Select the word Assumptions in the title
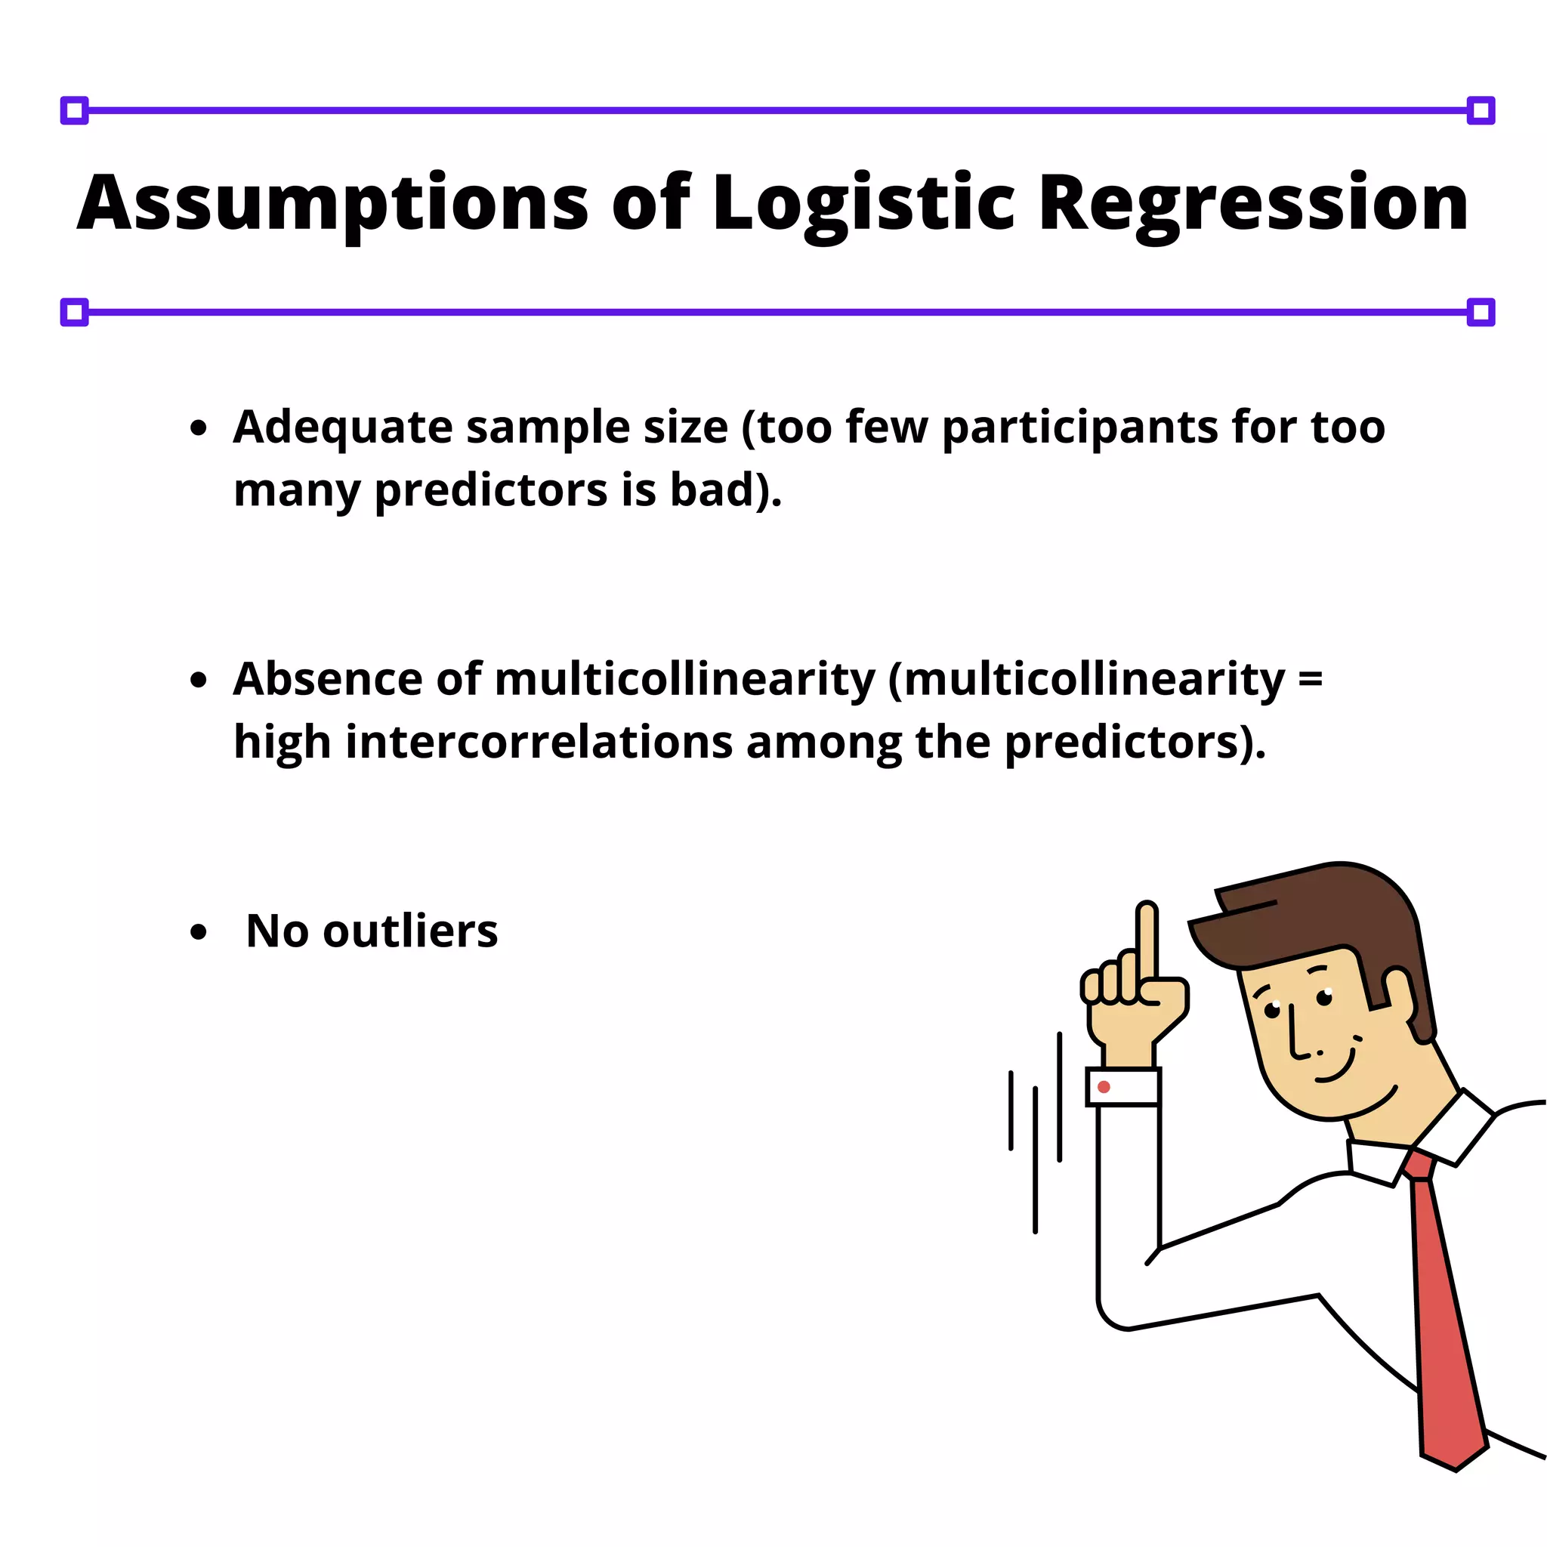coord(332,202)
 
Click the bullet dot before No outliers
coord(199,932)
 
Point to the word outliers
coord(410,931)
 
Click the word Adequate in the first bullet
coord(343,427)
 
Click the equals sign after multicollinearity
coord(1310,679)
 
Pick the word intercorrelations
coord(539,742)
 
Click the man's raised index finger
coord(1147,941)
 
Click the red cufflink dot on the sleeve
coord(1104,1086)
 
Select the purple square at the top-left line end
coord(75,110)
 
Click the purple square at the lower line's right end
coord(1481,312)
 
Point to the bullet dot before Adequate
coord(199,428)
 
